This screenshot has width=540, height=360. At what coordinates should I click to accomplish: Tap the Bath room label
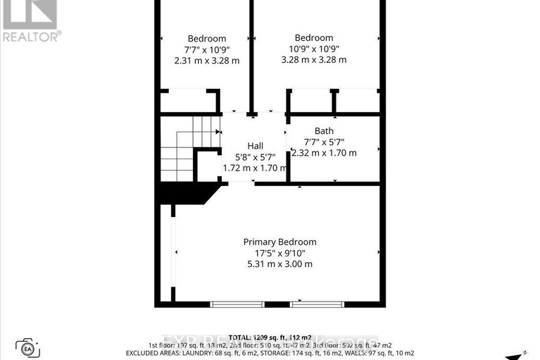point(325,131)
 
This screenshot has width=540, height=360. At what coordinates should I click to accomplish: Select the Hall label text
point(255,146)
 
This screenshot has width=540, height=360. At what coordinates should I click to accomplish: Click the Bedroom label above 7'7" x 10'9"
point(207,38)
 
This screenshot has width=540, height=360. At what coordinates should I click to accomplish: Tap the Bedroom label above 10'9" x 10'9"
point(314,38)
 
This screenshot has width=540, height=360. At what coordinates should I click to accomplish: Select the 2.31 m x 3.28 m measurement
point(207,61)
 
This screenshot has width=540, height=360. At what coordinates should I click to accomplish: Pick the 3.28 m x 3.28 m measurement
point(314,60)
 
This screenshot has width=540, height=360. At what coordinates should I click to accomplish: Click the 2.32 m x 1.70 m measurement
point(325,153)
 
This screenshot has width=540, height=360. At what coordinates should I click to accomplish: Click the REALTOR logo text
point(31,36)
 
